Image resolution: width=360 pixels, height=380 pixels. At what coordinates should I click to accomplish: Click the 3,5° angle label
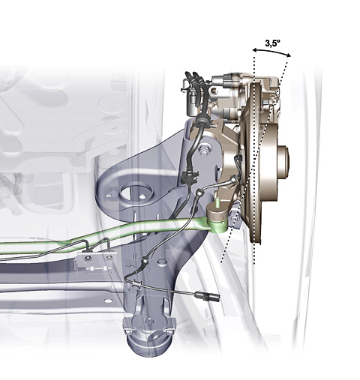tap(272, 43)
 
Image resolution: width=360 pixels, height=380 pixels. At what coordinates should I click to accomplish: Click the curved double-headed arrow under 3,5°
tap(271, 52)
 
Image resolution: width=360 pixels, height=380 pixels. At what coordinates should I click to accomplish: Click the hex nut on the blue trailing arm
tap(204, 150)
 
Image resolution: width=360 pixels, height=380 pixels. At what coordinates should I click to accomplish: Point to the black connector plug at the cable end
tap(208, 296)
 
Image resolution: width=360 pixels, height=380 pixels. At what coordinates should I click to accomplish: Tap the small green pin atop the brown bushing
tap(217, 202)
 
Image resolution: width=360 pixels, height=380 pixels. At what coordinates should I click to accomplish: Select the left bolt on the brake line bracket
tap(88, 258)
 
